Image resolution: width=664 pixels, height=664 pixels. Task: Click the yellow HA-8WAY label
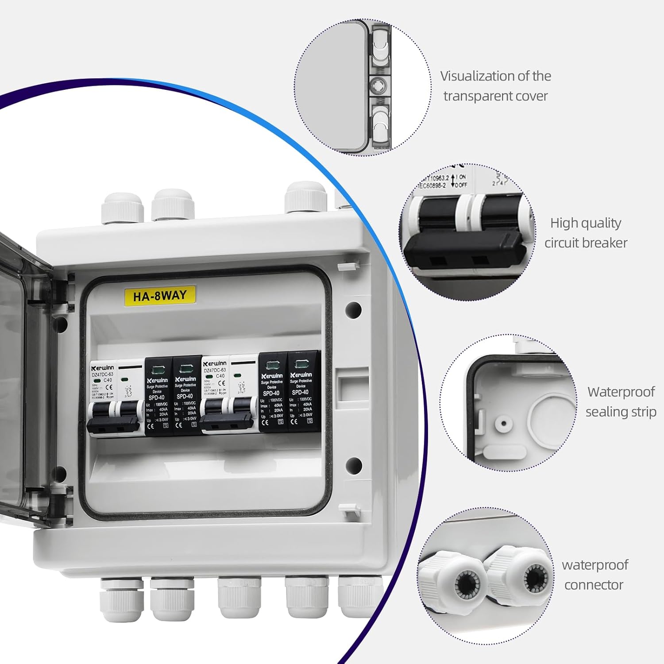pos(159,295)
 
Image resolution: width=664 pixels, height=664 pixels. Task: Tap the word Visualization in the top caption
pos(475,76)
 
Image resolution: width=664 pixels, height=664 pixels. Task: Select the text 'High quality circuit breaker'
pos(585,233)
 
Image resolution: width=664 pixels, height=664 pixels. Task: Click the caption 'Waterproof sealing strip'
pos(621,401)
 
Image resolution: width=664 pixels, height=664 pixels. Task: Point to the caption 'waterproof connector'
pos(594,575)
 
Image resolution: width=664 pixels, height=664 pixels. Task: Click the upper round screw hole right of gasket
pos(353,309)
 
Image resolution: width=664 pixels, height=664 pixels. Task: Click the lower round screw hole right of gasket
pos(353,465)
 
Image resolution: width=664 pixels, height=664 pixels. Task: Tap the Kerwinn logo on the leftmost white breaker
pos(103,368)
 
